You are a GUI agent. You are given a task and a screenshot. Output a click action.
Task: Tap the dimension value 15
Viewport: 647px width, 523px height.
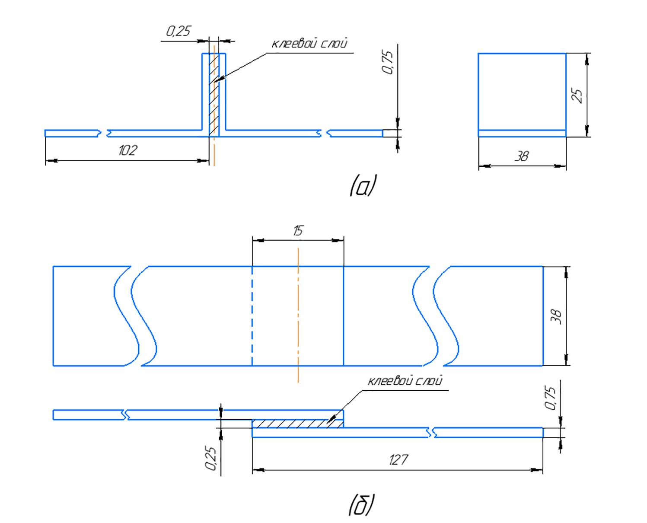(x=297, y=231)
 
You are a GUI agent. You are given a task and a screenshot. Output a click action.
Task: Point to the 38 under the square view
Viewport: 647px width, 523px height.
(x=522, y=156)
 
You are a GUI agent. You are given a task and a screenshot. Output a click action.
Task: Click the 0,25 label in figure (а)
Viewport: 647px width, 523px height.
(x=178, y=32)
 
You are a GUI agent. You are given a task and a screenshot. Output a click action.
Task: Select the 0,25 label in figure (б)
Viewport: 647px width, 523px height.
(x=211, y=458)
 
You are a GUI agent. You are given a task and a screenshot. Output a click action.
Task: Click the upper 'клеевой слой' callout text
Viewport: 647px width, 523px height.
(x=309, y=44)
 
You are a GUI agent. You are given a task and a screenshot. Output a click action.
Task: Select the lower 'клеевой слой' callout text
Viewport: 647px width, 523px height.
(x=405, y=381)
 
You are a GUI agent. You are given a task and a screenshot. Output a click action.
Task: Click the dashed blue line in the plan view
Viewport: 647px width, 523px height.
(x=252, y=316)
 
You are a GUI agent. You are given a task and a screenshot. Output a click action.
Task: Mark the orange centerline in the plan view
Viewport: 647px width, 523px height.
(x=298, y=316)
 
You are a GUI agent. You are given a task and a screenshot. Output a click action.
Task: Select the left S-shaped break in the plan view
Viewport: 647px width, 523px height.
(x=134, y=316)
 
